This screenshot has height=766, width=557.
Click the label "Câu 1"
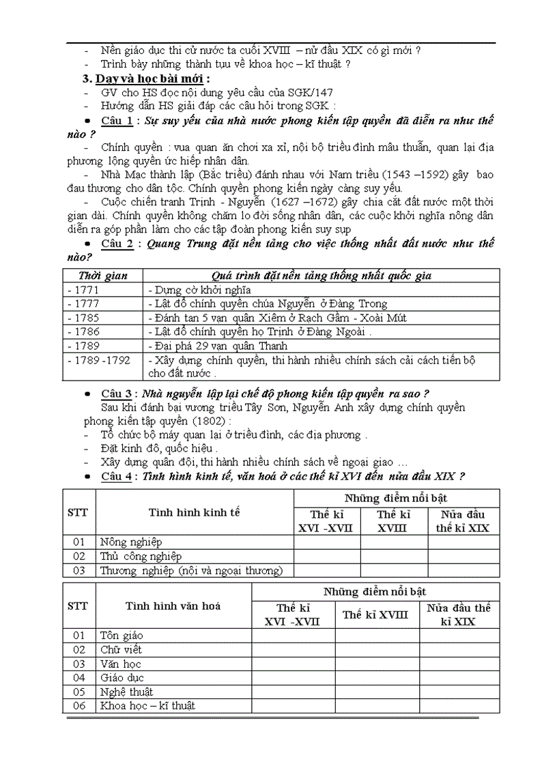pyautogui.click(x=117, y=121)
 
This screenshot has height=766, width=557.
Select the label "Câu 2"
pyautogui.click(x=117, y=244)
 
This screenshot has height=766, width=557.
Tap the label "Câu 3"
pyautogui.click(x=117, y=394)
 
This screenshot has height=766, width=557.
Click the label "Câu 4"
pyautogui.click(x=117, y=476)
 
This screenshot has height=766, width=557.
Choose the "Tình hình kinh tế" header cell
pyautogui.click(x=195, y=512)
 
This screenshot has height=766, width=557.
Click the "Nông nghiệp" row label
pyautogui.click(x=131, y=542)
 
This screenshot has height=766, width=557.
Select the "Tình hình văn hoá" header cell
pyautogui.click(x=173, y=605)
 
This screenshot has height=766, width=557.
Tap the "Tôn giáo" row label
pyautogui.click(x=122, y=635)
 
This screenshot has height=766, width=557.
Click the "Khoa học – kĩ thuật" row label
pyautogui.click(x=147, y=705)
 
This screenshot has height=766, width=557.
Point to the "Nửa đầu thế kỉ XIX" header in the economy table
pyautogui.click(x=463, y=521)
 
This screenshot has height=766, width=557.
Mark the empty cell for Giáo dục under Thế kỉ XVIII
pyautogui.click(x=376, y=677)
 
